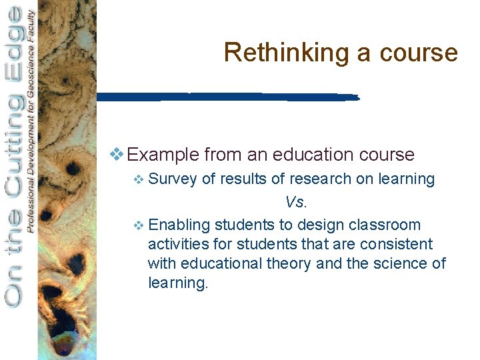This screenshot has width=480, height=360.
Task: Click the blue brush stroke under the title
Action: [x=227, y=97]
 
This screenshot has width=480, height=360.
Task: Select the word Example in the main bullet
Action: [x=163, y=155]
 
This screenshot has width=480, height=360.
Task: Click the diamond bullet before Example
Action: [x=116, y=155]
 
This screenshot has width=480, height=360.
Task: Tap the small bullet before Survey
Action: [x=138, y=179]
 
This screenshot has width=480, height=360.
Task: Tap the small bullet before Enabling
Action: [x=138, y=226]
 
